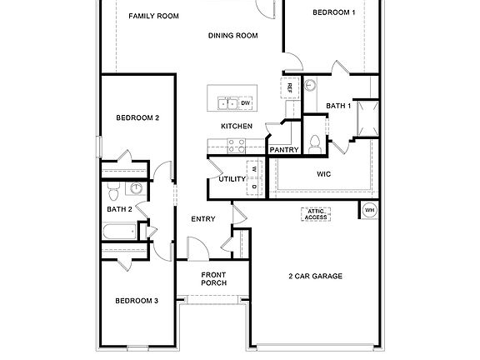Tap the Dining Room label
pyautogui.click(x=232, y=35)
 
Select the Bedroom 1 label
pyautogui.click(x=334, y=12)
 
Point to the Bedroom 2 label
pyautogui.click(x=137, y=117)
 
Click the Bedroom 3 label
pyautogui.click(x=137, y=300)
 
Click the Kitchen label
pyautogui.click(x=236, y=126)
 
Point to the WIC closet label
pyautogui.click(x=324, y=174)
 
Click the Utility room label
pyautogui.click(x=232, y=178)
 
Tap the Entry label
pyautogui.click(x=203, y=219)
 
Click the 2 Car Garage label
pyautogui.click(x=316, y=276)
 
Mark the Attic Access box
pyautogui.click(x=315, y=214)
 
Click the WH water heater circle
pyautogui.click(x=369, y=209)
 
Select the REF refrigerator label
pyautogui.click(x=289, y=87)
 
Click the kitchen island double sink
pyautogui.click(x=228, y=103)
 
